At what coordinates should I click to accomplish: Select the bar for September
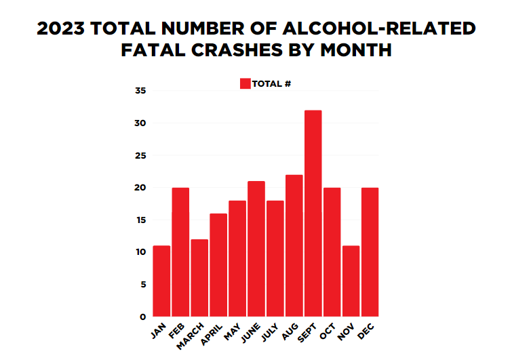(313, 214)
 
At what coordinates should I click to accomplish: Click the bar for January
(161, 281)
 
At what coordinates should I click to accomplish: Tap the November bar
(351, 281)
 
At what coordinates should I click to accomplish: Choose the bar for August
(294, 245)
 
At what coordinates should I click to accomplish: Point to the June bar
(256, 249)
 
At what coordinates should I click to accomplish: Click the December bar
(370, 252)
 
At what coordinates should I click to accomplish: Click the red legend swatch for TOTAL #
(245, 83)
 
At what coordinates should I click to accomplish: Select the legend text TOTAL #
(271, 84)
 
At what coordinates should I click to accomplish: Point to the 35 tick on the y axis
(140, 91)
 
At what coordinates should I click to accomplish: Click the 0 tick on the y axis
(143, 317)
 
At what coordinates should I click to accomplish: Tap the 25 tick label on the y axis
(140, 155)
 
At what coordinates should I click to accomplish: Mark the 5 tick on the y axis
(143, 285)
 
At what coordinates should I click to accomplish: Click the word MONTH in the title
(356, 51)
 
